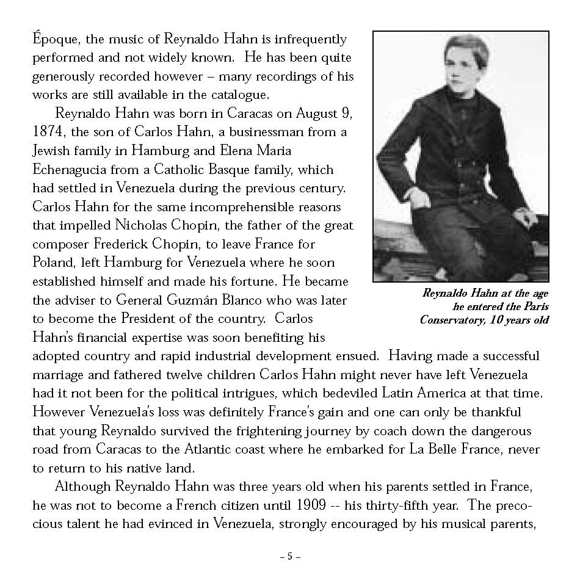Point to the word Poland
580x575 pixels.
pyautogui.click(x=54, y=262)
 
